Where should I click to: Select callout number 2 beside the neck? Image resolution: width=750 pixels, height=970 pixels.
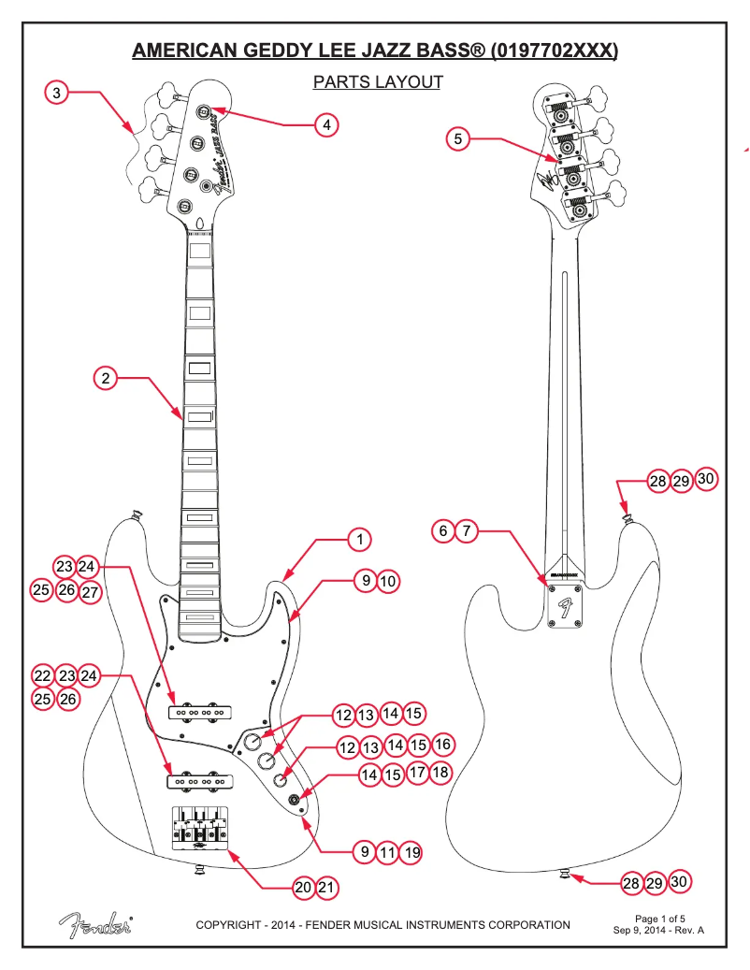pos(106,378)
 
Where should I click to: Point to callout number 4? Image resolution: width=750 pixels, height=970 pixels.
pos(326,124)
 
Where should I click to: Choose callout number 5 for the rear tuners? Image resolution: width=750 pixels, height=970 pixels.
pos(457,139)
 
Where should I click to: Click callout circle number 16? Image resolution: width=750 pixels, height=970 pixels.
pos(443,745)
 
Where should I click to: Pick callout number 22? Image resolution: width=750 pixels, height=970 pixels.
pos(43,674)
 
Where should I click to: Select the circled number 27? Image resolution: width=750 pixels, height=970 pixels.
pos(90,591)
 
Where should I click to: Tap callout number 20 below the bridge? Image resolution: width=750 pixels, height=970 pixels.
pos(303,888)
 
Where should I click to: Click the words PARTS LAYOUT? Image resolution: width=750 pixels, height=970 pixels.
pos(378,82)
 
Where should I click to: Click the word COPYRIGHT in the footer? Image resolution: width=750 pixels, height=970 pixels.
pos(229,925)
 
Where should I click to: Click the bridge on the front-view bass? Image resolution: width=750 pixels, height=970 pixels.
pos(199,826)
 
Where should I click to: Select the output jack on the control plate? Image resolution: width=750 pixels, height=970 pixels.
pos(297,798)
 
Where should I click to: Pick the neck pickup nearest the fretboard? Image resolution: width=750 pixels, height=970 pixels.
pos(199,711)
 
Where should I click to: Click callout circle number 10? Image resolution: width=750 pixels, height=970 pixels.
pos(388,582)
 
